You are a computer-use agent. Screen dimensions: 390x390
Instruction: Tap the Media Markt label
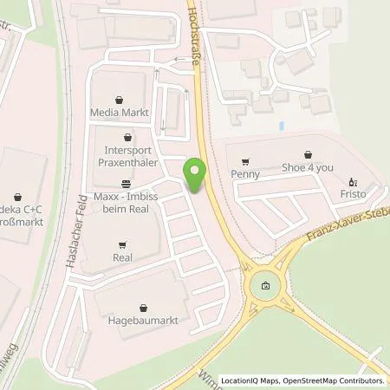coord(120,113)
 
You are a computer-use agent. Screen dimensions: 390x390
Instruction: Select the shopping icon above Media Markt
coord(120,99)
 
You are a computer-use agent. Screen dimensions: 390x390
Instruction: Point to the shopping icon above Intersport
coord(128,136)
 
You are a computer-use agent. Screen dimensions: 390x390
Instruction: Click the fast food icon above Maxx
coord(127,183)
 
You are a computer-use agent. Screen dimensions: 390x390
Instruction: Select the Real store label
coord(121,257)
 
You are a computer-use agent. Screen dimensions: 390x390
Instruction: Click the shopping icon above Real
coord(121,244)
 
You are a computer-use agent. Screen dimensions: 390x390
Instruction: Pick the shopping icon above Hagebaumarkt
coord(144,306)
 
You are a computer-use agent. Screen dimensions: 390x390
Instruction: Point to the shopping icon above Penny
coord(245,160)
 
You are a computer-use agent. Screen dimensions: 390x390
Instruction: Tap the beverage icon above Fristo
coord(353,182)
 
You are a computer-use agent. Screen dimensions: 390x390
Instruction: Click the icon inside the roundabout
coord(265,287)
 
